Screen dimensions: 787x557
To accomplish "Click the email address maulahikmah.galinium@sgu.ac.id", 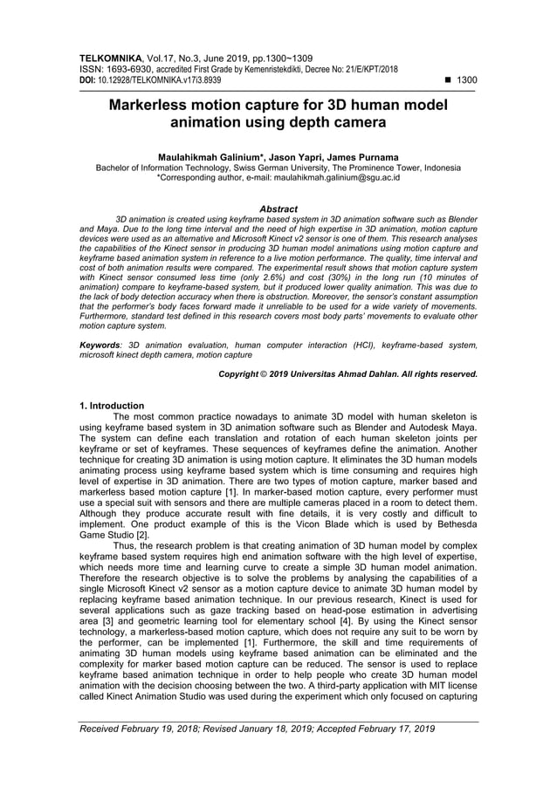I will tap(331, 176).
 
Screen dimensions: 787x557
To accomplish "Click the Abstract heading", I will tap(278, 209).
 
